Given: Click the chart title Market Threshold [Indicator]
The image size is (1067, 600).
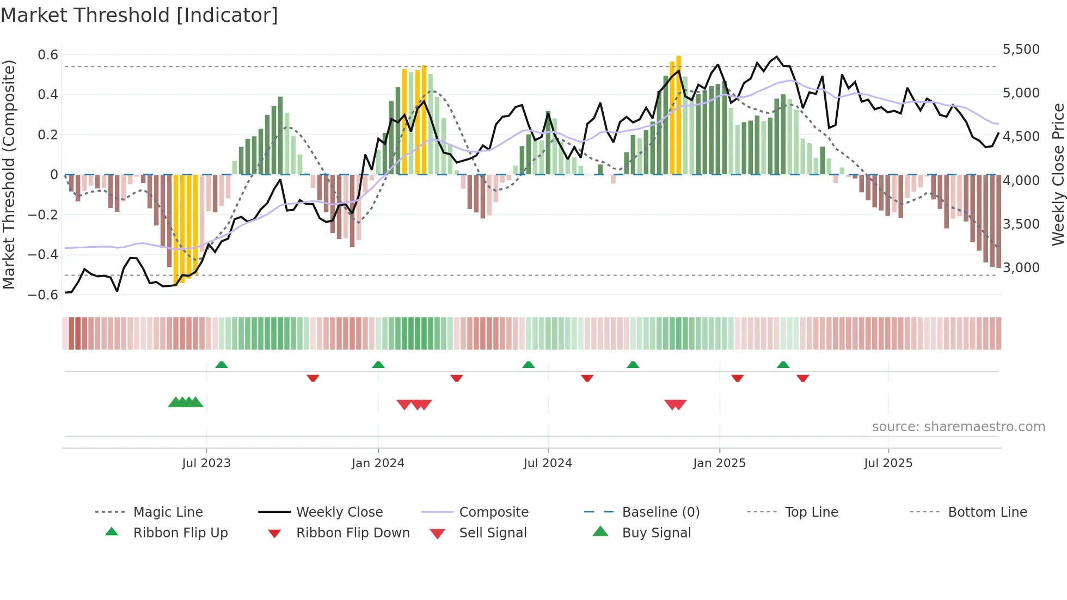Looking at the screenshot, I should pyautogui.click(x=139, y=15).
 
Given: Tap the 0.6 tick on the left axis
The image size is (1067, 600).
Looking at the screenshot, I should pyautogui.click(x=48, y=54).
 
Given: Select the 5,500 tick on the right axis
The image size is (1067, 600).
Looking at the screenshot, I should pyautogui.click(x=1021, y=50).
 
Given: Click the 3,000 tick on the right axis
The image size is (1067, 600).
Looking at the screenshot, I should pyautogui.click(x=1021, y=268).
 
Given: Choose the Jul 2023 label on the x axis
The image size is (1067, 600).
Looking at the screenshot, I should pyautogui.click(x=206, y=463).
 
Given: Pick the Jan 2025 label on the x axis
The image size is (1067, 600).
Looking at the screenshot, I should pyautogui.click(x=719, y=463).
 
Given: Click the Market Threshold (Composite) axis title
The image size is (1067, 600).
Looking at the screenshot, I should pyautogui.click(x=9, y=174).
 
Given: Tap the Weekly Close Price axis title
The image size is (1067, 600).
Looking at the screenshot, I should pyautogui.click(x=1058, y=174).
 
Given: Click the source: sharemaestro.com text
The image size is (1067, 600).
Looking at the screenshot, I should pyautogui.click(x=958, y=427).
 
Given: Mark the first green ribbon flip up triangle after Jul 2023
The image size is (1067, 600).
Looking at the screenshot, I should pyautogui.click(x=222, y=365).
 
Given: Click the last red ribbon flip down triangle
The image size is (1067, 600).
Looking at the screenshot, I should pyautogui.click(x=802, y=378).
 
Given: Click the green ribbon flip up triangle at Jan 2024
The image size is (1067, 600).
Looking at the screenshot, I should pyautogui.click(x=378, y=365).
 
